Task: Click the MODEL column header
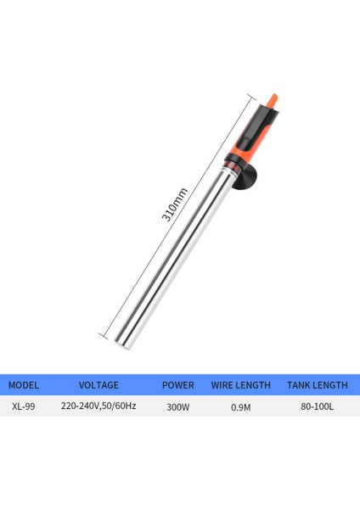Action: pyautogui.click(x=24, y=384)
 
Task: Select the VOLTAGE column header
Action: pyautogui.click(x=98, y=384)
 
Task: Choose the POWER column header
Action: pyautogui.click(x=178, y=384)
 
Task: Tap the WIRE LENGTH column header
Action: pyautogui.click(x=241, y=384)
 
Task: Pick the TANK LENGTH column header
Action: pyautogui.click(x=317, y=384)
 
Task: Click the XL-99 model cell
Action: pyautogui.click(x=23, y=406)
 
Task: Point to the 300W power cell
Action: pyautogui.click(x=178, y=406)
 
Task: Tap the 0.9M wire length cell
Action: pyautogui.click(x=241, y=406)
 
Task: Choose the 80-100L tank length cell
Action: pyautogui.click(x=317, y=406)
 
